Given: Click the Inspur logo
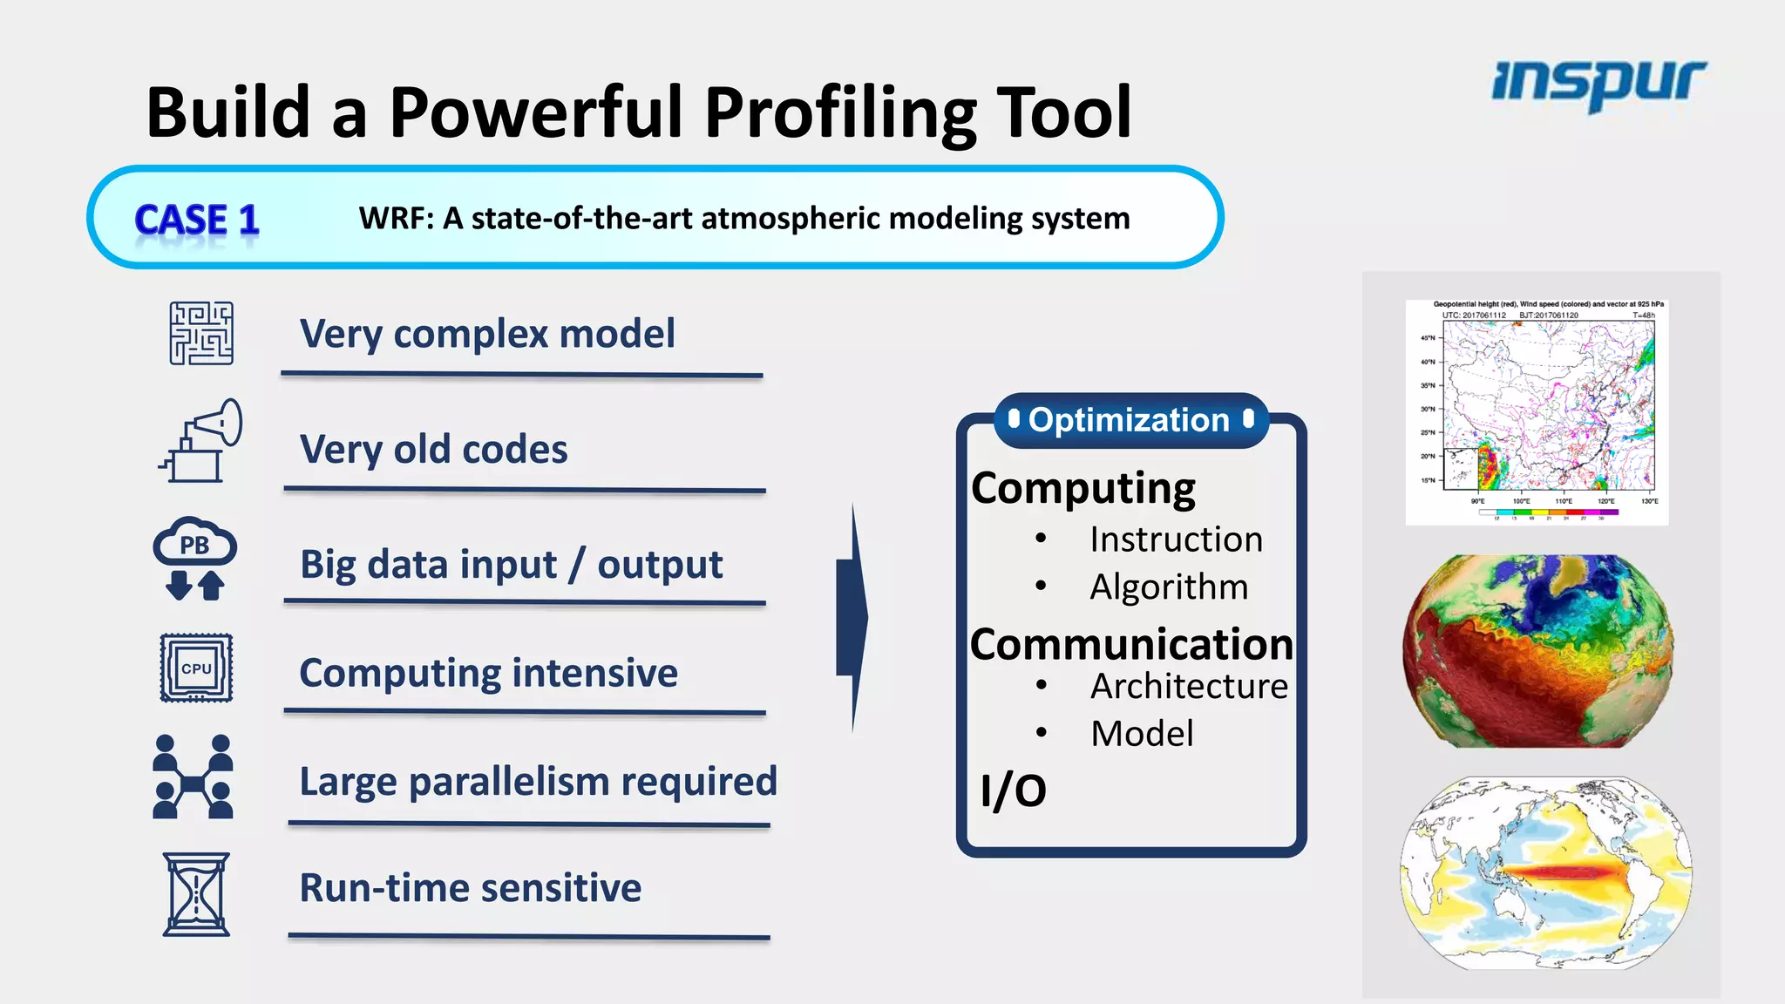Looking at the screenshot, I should tap(1598, 84).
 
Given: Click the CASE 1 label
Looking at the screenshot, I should tap(197, 220).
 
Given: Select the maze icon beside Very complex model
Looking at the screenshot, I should tap(201, 334).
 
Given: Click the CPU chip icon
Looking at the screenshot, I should tap(196, 668).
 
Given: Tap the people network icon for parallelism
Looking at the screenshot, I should tap(193, 777).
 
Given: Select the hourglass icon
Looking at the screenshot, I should tap(196, 894).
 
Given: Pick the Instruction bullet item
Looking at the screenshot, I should tap(1175, 539).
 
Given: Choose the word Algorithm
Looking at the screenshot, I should tap(1168, 587).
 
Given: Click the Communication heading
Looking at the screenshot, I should tap(1130, 645).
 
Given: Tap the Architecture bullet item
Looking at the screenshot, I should tap(1188, 687).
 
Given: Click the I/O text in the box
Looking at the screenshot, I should tap(1012, 790).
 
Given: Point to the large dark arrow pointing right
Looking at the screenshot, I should tap(852, 617).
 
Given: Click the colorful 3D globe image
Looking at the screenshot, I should tap(1537, 650).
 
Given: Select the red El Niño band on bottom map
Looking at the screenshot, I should tap(1560, 872).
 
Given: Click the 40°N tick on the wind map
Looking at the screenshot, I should tap(1429, 362).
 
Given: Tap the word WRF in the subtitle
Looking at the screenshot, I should tap(395, 218).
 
